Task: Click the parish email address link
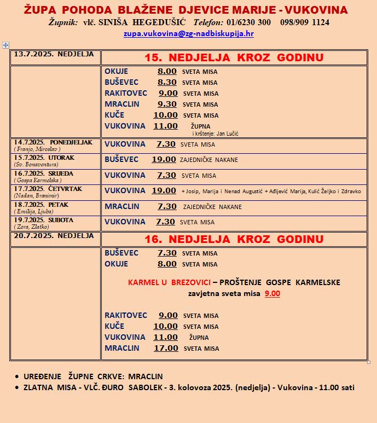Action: [188, 33]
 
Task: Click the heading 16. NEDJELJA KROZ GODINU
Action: [234, 239]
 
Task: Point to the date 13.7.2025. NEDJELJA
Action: [54, 54]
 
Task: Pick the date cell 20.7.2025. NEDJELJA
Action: [54, 236]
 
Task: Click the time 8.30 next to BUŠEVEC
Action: [167, 82]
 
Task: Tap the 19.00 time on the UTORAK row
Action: [164, 159]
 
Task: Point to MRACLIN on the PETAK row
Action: [122, 206]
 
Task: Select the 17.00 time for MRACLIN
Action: [165, 348]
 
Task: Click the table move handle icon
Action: [5, 45]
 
